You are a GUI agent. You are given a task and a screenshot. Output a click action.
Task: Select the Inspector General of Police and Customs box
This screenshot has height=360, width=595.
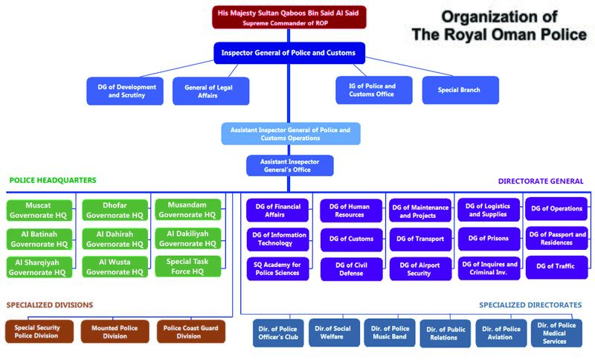point(289,53)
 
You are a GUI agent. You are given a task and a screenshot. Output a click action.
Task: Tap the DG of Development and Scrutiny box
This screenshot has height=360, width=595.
point(126,91)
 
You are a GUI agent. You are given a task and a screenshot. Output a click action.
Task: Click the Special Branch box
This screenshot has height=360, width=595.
point(460,90)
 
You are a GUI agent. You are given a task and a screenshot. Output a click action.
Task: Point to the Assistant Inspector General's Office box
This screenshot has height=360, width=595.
point(289,165)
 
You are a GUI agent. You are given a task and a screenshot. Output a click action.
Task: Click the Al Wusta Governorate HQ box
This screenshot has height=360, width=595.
point(115,266)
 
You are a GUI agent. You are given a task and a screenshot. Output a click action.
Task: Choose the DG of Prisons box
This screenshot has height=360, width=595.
point(487,239)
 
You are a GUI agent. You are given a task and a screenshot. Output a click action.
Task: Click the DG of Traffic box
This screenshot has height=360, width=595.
point(556,266)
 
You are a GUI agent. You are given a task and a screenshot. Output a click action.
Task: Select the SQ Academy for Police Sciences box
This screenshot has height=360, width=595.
point(277,269)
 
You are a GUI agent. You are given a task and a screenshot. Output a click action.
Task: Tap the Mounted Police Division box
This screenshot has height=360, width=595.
point(115,331)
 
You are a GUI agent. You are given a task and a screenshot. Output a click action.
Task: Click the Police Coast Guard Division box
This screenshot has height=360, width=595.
point(189,331)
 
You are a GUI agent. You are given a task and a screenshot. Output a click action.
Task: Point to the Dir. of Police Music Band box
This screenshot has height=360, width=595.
point(389,332)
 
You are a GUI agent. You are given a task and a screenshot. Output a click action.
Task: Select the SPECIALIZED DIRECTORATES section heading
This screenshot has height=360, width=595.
point(530,305)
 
